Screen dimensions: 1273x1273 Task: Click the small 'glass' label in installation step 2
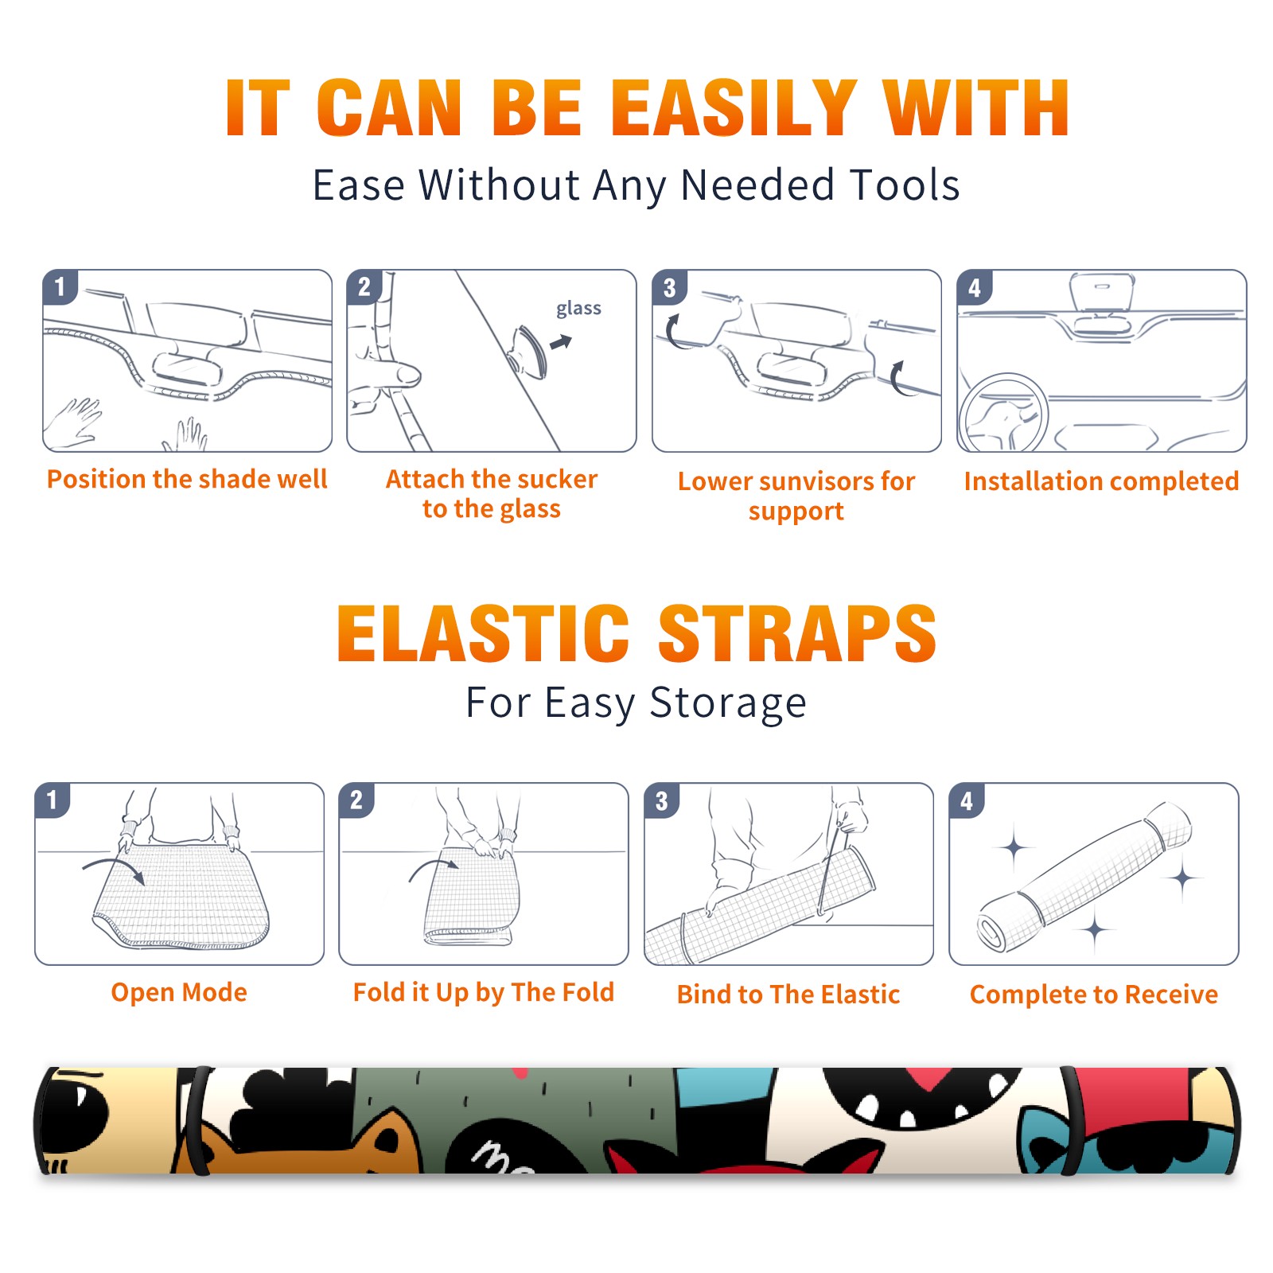coord(578,309)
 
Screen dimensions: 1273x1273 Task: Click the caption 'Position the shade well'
coord(187,479)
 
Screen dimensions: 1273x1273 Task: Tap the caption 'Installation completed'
coord(1101,481)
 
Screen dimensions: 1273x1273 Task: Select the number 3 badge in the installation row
coord(669,288)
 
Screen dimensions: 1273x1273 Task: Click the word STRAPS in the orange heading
coord(797,633)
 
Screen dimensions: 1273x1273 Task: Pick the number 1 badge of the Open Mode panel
coord(53,800)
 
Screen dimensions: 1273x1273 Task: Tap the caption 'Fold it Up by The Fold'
coord(484,992)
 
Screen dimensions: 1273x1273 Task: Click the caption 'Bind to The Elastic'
coord(788,995)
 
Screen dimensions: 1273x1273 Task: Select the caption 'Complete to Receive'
coord(1094,995)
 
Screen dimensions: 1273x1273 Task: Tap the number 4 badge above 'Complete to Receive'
coord(967,800)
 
